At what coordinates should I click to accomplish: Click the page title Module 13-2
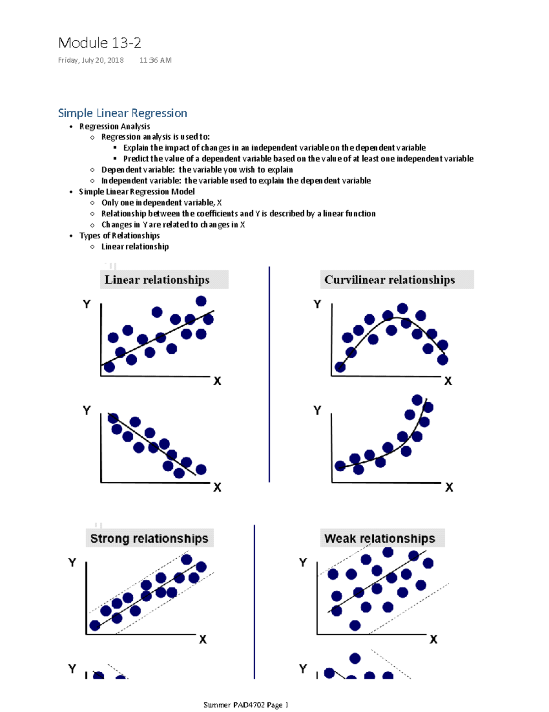tap(100, 43)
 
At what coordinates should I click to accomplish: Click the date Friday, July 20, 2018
tap(91, 60)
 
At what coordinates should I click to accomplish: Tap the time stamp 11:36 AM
tap(156, 60)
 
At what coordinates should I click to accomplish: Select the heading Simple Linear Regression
tap(123, 113)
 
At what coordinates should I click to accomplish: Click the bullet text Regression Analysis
tap(114, 126)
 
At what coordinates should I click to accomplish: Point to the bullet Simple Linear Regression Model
tap(137, 192)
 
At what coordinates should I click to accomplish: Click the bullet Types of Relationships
tap(119, 236)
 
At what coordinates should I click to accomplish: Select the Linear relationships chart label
tap(157, 280)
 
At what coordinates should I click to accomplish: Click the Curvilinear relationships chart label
tap(389, 280)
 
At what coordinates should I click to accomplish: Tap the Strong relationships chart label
tap(149, 539)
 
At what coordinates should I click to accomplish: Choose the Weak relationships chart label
tap(380, 539)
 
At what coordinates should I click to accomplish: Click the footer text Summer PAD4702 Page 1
tap(246, 705)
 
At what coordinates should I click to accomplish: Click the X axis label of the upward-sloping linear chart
tap(217, 381)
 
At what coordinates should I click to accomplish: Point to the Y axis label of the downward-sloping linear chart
tap(86, 410)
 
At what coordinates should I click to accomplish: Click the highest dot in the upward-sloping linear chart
tap(201, 301)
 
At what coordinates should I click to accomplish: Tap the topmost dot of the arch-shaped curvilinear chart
tap(403, 308)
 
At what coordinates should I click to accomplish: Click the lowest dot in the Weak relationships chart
tap(355, 625)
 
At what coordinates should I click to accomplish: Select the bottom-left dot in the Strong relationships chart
tap(95, 626)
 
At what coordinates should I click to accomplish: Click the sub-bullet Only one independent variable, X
tap(161, 203)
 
